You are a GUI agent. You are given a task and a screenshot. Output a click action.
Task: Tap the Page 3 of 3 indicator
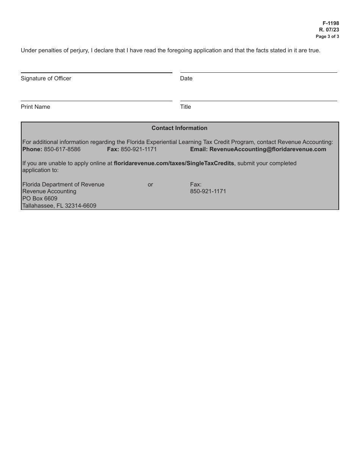click(327, 37)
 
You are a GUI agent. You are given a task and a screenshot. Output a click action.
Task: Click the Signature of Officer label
click(46, 78)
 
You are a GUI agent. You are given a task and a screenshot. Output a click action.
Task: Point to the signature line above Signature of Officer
click(96, 73)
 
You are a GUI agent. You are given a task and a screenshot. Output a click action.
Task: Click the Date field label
click(186, 78)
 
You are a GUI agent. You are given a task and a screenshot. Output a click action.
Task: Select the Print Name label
click(35, 107)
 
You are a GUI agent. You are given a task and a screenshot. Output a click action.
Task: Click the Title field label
click(185, 107)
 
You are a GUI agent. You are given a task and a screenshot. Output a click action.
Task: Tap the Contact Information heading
click(179, 128)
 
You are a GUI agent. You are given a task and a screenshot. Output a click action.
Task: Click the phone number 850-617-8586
click(62, 149)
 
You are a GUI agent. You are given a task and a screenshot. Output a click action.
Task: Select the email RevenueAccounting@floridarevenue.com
click(268, 149)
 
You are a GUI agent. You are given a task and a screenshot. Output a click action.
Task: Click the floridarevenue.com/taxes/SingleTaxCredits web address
click(174, 163)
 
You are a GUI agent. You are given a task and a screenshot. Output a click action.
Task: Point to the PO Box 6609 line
click(40, 199)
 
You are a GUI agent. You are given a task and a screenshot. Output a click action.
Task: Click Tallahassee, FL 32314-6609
click(59, 206)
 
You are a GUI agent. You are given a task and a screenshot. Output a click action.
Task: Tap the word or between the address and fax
click(150, 185)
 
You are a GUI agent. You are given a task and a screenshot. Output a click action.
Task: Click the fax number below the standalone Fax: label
click(208, 191)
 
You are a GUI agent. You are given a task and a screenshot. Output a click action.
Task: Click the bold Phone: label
click(32, 149)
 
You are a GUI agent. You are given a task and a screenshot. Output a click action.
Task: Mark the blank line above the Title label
click(258, 101)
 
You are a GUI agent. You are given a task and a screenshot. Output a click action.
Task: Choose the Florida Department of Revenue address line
click(63, 185)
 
